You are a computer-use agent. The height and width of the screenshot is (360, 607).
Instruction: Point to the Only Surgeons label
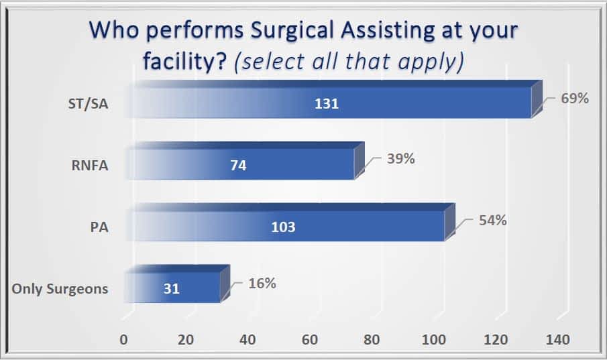[x=60, y=289]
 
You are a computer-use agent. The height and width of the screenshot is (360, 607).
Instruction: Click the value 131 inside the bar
[x=327, y=104]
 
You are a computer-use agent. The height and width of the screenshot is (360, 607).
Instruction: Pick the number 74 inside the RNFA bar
[x=237, y=166]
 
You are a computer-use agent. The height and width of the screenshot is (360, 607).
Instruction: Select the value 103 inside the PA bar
[x=284, y=227]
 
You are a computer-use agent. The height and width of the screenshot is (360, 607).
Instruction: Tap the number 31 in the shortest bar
[x=172, y=289]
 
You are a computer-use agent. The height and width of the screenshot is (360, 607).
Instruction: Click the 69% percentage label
[x=575, y=99]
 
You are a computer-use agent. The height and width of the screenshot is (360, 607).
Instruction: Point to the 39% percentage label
[x=400, y=159]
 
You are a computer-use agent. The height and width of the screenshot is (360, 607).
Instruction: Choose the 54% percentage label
[x=492, y=221]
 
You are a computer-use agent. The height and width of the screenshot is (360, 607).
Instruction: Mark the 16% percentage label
[x=262, y=283]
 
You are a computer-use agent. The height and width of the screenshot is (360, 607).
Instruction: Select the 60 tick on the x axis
[x=310, y=340]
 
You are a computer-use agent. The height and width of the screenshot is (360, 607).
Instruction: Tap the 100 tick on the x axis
[x=435, y=340]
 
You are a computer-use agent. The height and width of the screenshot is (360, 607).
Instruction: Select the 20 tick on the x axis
[x=186, y=340]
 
